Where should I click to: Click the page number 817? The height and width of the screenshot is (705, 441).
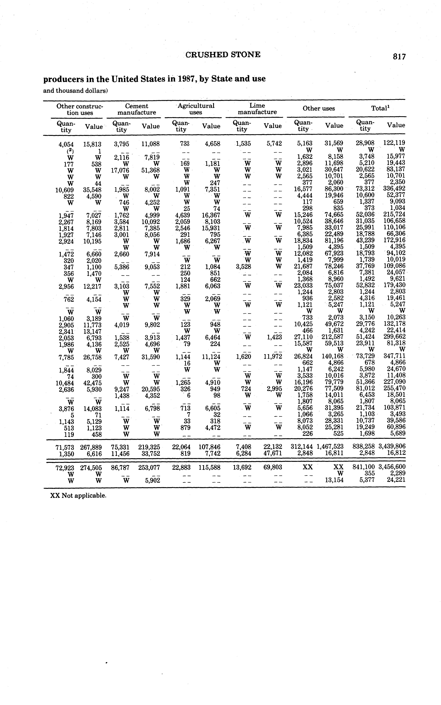click(399, 56)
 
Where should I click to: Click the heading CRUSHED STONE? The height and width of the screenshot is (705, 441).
click(223, 55)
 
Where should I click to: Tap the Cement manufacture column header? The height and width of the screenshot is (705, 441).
click(137, 109)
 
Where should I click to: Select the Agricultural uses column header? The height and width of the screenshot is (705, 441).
click(196, 109)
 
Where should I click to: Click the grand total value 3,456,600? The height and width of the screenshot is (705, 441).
click(392, 467)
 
